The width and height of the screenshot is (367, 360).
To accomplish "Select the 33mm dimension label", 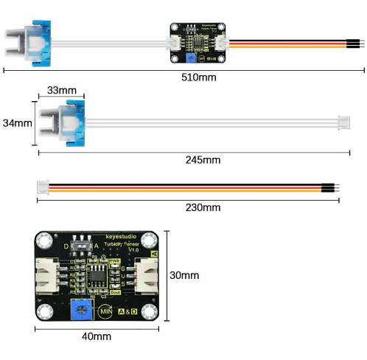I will pyautogui.click(x=61, y=90).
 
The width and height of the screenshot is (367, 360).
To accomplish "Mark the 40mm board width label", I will pyautogui.click(x=97, y=336).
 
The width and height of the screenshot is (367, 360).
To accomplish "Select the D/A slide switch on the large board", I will pyautogui.click(x=85, y=245).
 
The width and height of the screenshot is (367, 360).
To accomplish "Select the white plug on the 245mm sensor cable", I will pyautogui.click(x=343, y=120).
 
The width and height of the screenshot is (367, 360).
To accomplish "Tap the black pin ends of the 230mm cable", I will pyautogui.click(x=329, y=187).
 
